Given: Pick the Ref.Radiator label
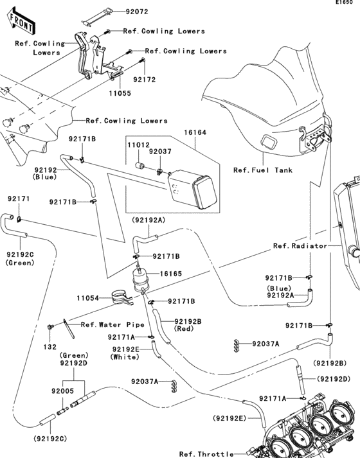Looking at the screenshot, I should click(x=300, y=245).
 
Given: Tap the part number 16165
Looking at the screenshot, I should click(x=170, y=274).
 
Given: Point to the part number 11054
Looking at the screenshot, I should click(x=88, y=298).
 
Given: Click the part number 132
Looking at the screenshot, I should click(x=50, y=347).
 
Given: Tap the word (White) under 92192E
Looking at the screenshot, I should click(x=123, y=356).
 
